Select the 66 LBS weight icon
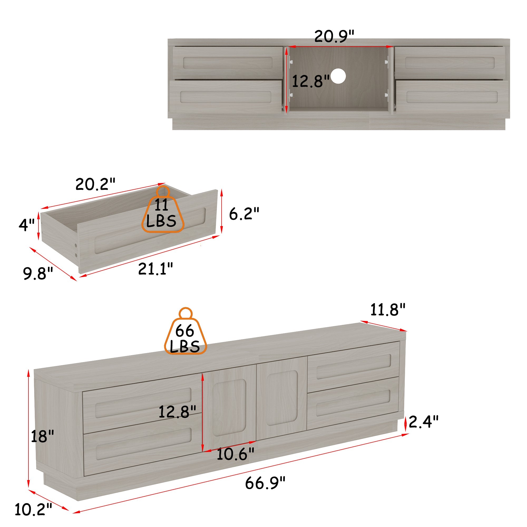186,331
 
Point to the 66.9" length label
265,483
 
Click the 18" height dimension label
42,436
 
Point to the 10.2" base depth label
33,509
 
